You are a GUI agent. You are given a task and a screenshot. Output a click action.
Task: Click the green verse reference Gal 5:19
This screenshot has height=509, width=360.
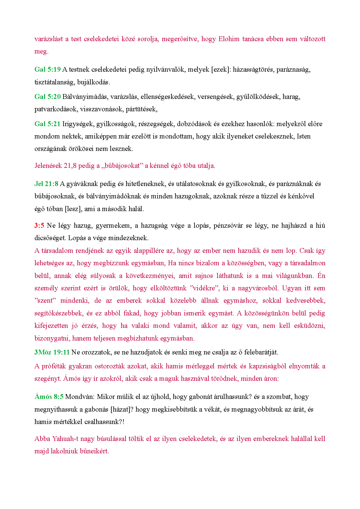[47, 70]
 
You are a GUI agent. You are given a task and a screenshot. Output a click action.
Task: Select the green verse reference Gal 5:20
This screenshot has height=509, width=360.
[47, 97]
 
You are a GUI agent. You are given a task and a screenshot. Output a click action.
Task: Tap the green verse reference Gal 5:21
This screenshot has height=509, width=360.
[47, 124]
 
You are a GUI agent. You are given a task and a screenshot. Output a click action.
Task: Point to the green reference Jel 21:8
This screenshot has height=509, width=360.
[46, 184]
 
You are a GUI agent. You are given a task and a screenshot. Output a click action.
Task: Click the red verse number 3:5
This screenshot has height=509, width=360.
[39, 226]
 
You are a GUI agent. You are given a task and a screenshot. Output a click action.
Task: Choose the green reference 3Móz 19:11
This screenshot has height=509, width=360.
[52, 352]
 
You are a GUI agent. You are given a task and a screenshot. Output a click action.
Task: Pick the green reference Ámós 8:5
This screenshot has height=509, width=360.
[49, 397]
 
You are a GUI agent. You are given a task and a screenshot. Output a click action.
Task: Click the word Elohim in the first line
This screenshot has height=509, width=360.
[229, 39]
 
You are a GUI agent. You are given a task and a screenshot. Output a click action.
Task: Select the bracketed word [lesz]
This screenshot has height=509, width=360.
[73, 209]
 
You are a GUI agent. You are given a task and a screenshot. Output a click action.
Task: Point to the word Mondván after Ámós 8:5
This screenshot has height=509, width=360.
[80, 397]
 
